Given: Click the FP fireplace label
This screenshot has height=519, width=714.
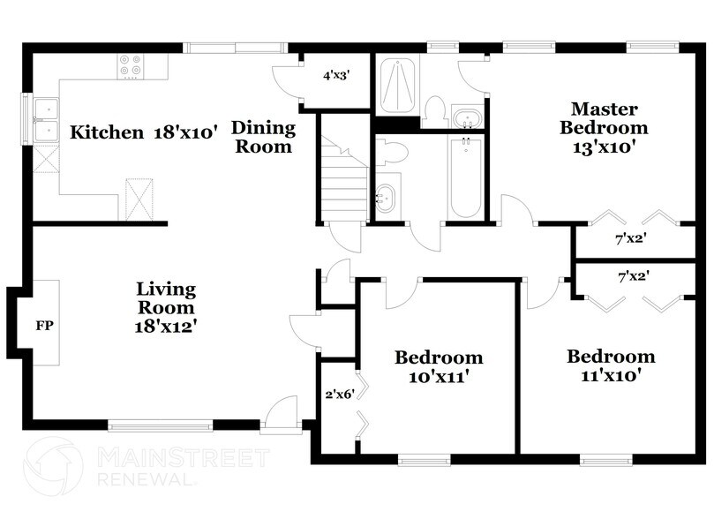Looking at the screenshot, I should point(45,325).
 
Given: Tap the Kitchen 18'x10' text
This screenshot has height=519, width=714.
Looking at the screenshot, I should point(144,132).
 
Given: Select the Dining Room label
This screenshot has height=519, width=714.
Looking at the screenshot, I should point(263,137).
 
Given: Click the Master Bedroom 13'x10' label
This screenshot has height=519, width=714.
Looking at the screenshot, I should point(604,128).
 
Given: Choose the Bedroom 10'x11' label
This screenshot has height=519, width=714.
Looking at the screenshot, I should point(439,366).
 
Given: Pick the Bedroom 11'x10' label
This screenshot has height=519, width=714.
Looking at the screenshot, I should point(611,365).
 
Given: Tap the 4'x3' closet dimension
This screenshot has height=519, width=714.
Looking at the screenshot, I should point(336,76).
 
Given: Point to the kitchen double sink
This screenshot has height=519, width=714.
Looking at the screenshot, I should point(43,119).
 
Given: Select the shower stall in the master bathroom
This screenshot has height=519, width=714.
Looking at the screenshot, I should point(397,85).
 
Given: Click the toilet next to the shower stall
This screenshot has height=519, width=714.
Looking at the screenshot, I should point(433,109).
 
